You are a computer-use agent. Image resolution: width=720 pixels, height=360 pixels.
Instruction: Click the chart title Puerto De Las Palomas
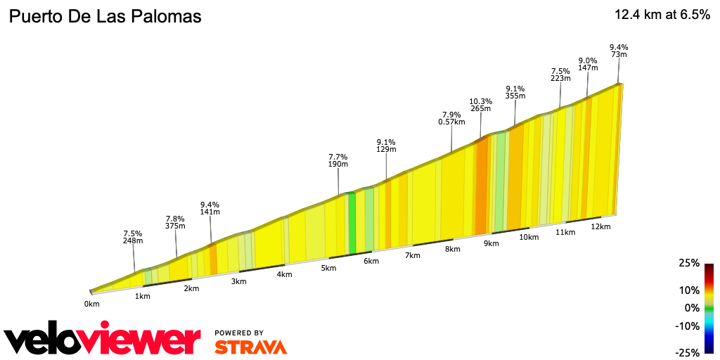tap(105, 17)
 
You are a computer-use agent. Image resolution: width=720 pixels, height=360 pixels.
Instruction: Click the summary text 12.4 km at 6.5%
tap(662, 15)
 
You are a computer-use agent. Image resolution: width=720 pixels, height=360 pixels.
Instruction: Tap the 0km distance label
tap(92, 304)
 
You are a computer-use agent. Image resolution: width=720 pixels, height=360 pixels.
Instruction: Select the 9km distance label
tap(491, 244)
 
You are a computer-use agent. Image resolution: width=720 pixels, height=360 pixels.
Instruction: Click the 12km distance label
tap(600, 227)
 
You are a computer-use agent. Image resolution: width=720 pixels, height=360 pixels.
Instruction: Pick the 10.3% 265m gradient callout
tap(481, 105)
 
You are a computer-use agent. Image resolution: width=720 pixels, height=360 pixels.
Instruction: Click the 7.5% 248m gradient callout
tap(133, 236)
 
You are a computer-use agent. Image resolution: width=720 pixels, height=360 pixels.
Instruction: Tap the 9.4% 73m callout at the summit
tap(619, 51)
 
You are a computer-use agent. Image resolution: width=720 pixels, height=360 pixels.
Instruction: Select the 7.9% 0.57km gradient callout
tap(451, 118)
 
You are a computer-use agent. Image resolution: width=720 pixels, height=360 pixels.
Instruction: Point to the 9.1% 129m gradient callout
tap(386, 145)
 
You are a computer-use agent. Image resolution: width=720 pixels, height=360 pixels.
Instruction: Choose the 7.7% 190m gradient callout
tap(338, 160)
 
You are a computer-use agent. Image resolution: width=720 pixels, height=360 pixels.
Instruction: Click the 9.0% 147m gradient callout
tap(588, 64)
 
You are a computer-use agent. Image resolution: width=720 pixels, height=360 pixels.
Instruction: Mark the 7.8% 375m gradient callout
tap(175, 222)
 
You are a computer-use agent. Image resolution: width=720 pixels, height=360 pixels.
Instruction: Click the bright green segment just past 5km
tap(352, 223)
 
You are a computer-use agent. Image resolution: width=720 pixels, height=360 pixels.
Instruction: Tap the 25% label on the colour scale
tap(689, 263)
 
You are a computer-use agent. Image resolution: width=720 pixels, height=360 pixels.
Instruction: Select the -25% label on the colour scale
tap(688, 352)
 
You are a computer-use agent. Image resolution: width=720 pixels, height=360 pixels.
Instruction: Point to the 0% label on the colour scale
tap(693, 308)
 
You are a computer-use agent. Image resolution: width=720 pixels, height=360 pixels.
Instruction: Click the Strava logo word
tap(250, 347)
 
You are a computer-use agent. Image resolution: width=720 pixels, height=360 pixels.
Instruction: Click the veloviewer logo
tap(103, 340)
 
